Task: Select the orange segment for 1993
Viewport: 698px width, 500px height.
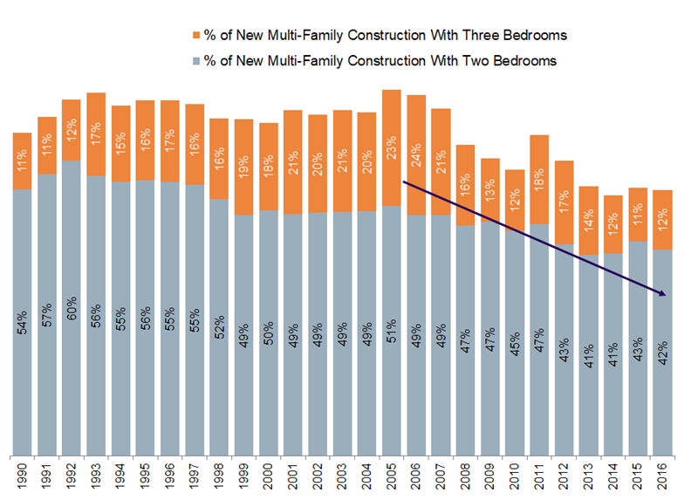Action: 96,134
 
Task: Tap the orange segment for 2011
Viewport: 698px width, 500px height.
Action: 540,179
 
